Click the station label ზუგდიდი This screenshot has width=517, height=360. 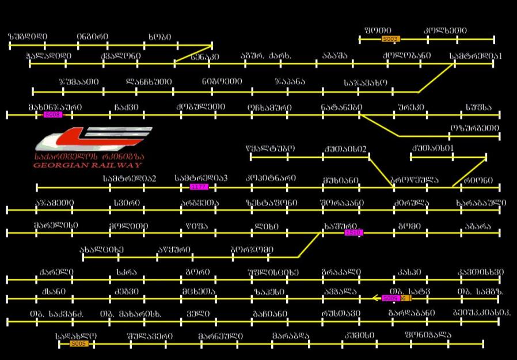click(28, 37)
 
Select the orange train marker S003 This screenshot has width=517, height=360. click(390, 39)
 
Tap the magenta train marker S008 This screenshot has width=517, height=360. click(53, 115)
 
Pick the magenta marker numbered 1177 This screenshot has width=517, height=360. click(199, 187)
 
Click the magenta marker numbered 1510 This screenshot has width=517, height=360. click(353, 233)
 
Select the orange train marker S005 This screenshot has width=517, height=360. click(79, 344)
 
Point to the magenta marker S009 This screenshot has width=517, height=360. click(390, 298)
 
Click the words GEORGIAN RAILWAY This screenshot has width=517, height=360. click(88, 165)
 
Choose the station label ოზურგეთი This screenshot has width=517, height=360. click(475, 128)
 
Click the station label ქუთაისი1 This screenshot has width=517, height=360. click(432, 149)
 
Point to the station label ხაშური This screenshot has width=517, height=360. click(340, 226)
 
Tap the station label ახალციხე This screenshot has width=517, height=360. click(102, 250)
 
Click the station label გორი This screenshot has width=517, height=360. click(197, 272)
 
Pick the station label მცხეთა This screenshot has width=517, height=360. click(199, 292)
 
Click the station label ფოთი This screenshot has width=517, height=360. click(378, 31)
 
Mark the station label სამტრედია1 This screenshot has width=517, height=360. click(476, 56)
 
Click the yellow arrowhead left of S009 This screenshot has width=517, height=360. click(375, 298)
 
